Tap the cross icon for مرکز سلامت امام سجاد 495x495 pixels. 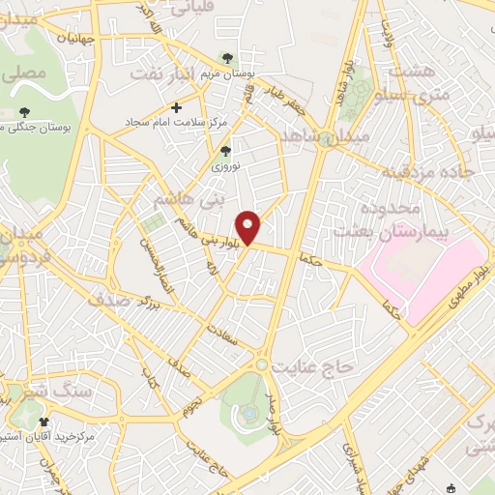coord(175,107)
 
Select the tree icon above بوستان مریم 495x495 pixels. coord(227,59)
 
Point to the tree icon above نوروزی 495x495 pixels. coord(226,150)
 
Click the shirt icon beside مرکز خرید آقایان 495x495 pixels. coord(44,422)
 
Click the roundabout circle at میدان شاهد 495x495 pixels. coord(327,141)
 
